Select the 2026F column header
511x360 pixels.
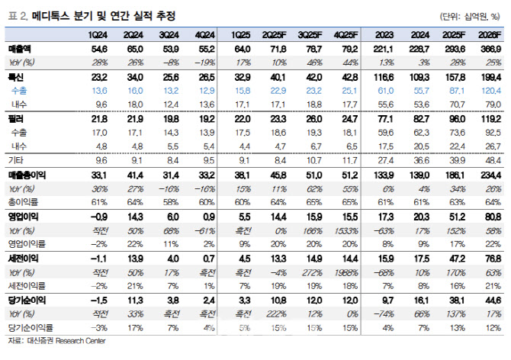point(490,34)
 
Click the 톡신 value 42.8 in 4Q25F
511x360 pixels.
point(349,78)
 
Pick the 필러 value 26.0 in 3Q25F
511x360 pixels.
point(313,120)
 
